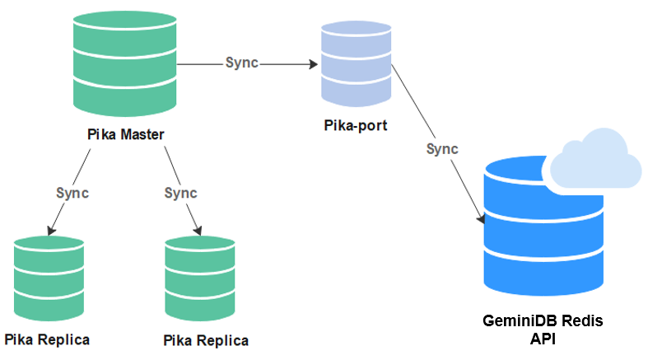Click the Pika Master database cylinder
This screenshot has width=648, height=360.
124,65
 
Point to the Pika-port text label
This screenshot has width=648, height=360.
356,128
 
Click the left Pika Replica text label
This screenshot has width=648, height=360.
47,339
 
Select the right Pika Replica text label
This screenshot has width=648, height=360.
206,340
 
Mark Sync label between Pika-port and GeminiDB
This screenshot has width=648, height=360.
442,149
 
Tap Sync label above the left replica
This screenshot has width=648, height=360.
72,193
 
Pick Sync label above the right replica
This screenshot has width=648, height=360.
181,193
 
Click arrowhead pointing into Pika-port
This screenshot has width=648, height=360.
315,63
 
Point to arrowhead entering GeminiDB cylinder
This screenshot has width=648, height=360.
480,219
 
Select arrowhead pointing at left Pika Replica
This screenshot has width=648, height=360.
51,230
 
